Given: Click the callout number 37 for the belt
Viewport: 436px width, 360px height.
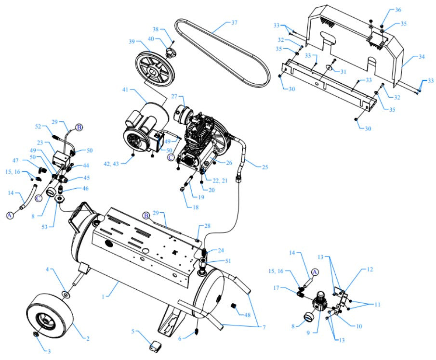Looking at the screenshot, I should point(235,23).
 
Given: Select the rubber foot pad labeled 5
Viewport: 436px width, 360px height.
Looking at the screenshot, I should point(155,345).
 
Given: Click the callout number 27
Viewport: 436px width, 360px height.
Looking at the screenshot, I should point(175,96).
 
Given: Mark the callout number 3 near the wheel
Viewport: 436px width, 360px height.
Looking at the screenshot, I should point(48,351).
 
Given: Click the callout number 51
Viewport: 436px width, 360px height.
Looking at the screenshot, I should point(228,261).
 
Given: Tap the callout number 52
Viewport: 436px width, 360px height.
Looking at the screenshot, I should point(39,127).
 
